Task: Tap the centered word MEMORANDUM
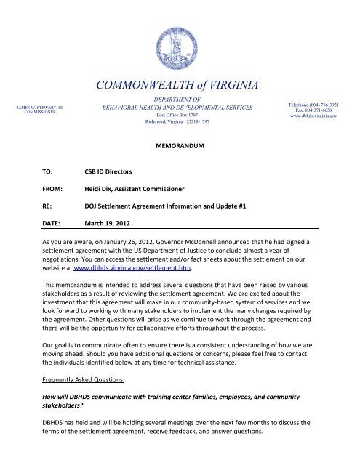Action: click(x=179, y=146)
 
